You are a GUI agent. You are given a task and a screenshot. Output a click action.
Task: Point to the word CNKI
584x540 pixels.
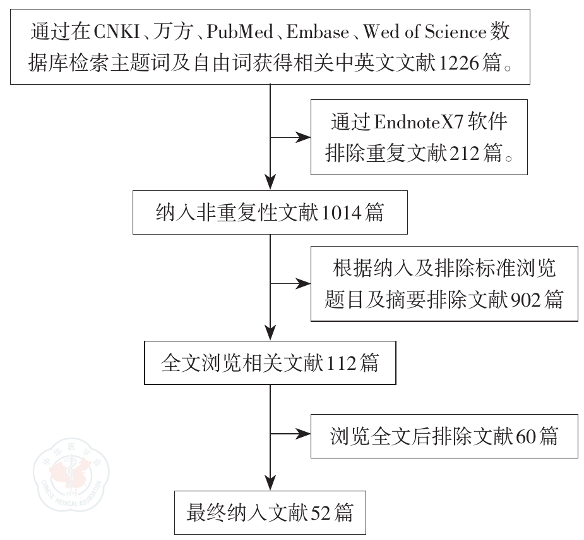[x=117, y=32]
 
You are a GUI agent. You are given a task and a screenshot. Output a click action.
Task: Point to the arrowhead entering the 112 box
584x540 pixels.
[x=270, y=335]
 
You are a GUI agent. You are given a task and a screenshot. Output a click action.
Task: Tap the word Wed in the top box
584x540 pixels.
[x=381, y=32]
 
